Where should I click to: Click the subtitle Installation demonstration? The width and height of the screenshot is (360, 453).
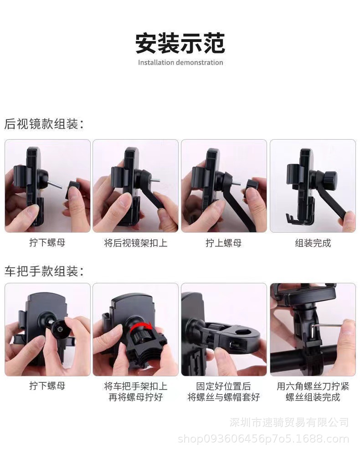(180, 62)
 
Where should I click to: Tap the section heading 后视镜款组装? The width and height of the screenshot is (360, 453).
(44, 124)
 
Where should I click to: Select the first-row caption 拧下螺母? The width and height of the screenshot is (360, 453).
(47, 243)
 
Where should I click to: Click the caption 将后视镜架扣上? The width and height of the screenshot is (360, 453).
(135, 243)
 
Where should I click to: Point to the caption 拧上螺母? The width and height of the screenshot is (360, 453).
(223, 243)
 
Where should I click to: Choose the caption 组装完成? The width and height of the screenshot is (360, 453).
(313, 243)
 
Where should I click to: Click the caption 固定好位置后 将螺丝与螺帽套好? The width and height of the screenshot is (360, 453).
(223, 391)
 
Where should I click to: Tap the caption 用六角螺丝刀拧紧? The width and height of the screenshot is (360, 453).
(313, 386)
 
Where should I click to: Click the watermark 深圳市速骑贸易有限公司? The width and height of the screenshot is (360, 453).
(289, 422)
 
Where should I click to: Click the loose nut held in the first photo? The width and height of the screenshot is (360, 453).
(73, 188)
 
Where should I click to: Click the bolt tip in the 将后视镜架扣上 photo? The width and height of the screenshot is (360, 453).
(156, 179)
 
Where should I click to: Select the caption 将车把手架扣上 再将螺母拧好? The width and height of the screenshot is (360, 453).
(135, 391)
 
